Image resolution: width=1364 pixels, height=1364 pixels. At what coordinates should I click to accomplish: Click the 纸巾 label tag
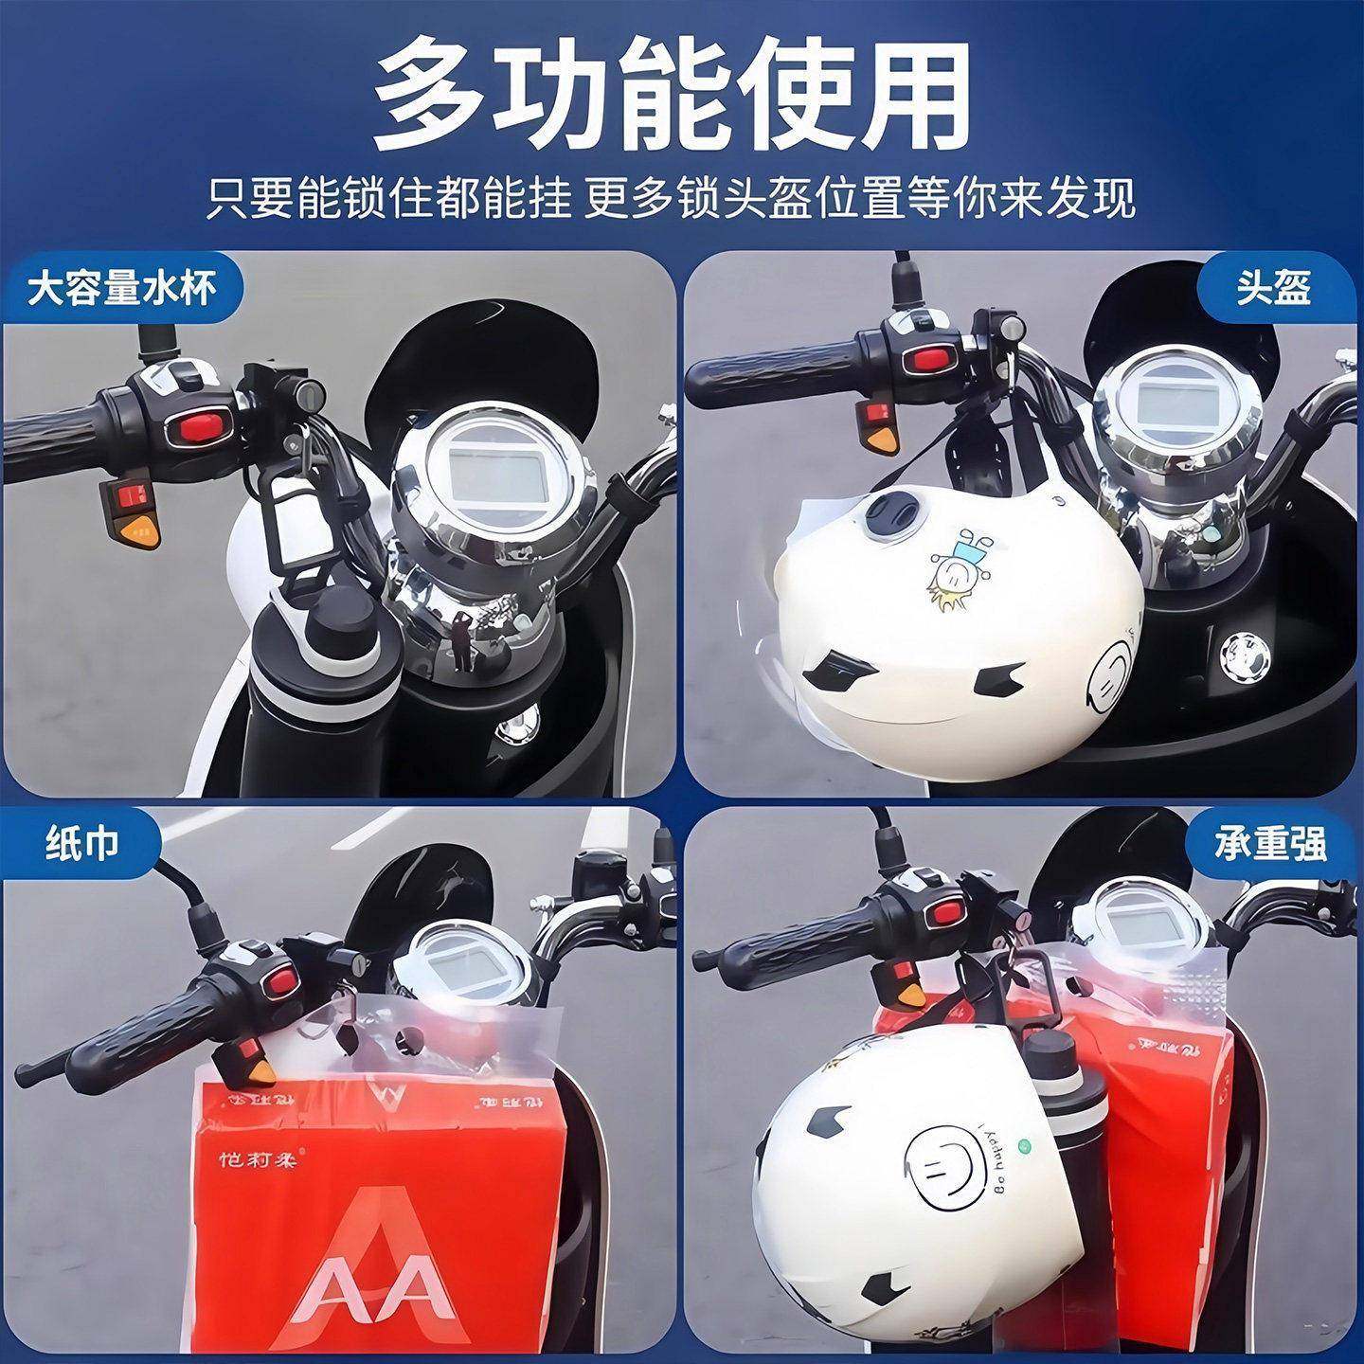pyautogui.click(x=82, y=842)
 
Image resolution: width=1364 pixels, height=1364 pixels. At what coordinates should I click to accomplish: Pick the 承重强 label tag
pyautogui.click(x=1271, y=842)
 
